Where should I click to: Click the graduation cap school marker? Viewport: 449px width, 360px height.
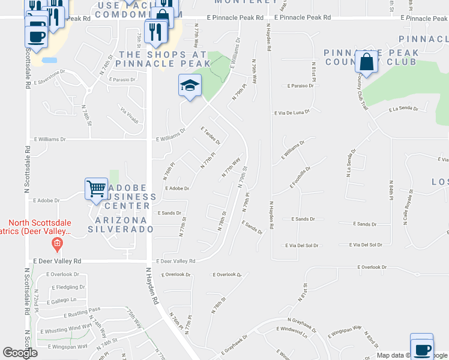tap(189, 86)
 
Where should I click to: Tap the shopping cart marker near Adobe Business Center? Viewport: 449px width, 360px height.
tap(97, 189)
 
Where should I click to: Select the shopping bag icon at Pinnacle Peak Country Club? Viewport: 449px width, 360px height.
tap(366, 62)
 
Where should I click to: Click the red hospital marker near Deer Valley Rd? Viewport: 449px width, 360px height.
tap(57, 244)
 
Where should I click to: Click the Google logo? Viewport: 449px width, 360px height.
tap(20, 353)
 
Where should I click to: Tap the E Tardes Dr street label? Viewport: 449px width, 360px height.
tap(211, 136)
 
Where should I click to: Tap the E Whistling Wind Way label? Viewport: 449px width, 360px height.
tap(67, 328)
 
